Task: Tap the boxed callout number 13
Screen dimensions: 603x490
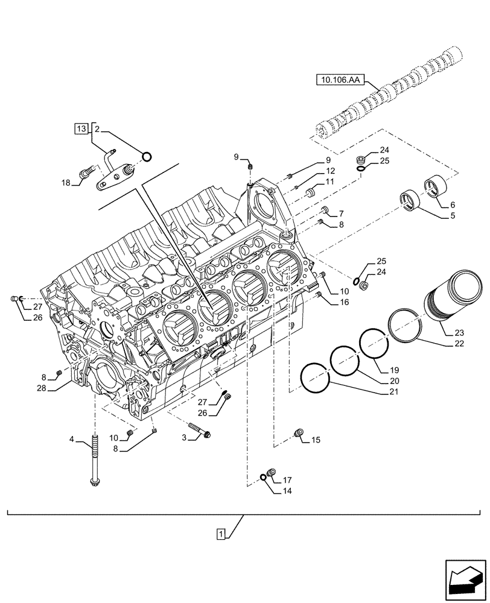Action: tap(80, 128)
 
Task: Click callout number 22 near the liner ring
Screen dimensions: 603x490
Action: tap(460, 344)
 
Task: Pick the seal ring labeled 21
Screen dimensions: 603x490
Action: tap(314, 379)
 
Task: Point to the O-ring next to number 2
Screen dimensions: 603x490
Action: tap(146, 158)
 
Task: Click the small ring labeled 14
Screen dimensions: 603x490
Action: tap(264, 478)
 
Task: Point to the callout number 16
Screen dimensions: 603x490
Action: tap(343, 301)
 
